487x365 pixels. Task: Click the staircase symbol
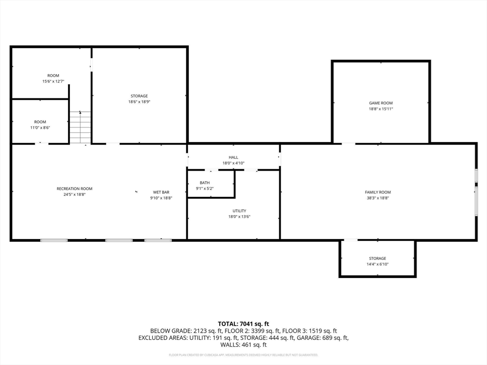point(80,127)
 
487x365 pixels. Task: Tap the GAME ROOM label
point(381,103)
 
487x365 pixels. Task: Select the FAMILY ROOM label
point(378,192)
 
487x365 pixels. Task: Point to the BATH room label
point(205,182)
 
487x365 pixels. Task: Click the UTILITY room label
point(239,211)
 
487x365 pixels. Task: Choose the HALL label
point(233,157)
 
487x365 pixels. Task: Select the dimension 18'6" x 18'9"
point(139,102)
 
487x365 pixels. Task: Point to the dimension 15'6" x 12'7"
point(53,81)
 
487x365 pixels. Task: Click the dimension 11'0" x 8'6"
point(40,127)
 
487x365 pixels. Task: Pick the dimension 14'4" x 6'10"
point(378,264)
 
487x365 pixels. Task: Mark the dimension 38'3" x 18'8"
point(378,198)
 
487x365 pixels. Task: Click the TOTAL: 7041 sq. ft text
point(243,323)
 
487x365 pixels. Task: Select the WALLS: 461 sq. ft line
point(243,345)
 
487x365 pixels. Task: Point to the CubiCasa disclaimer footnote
point(243,355)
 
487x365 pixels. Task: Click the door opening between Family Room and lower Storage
point(351,240)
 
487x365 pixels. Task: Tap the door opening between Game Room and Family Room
point(348,143)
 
